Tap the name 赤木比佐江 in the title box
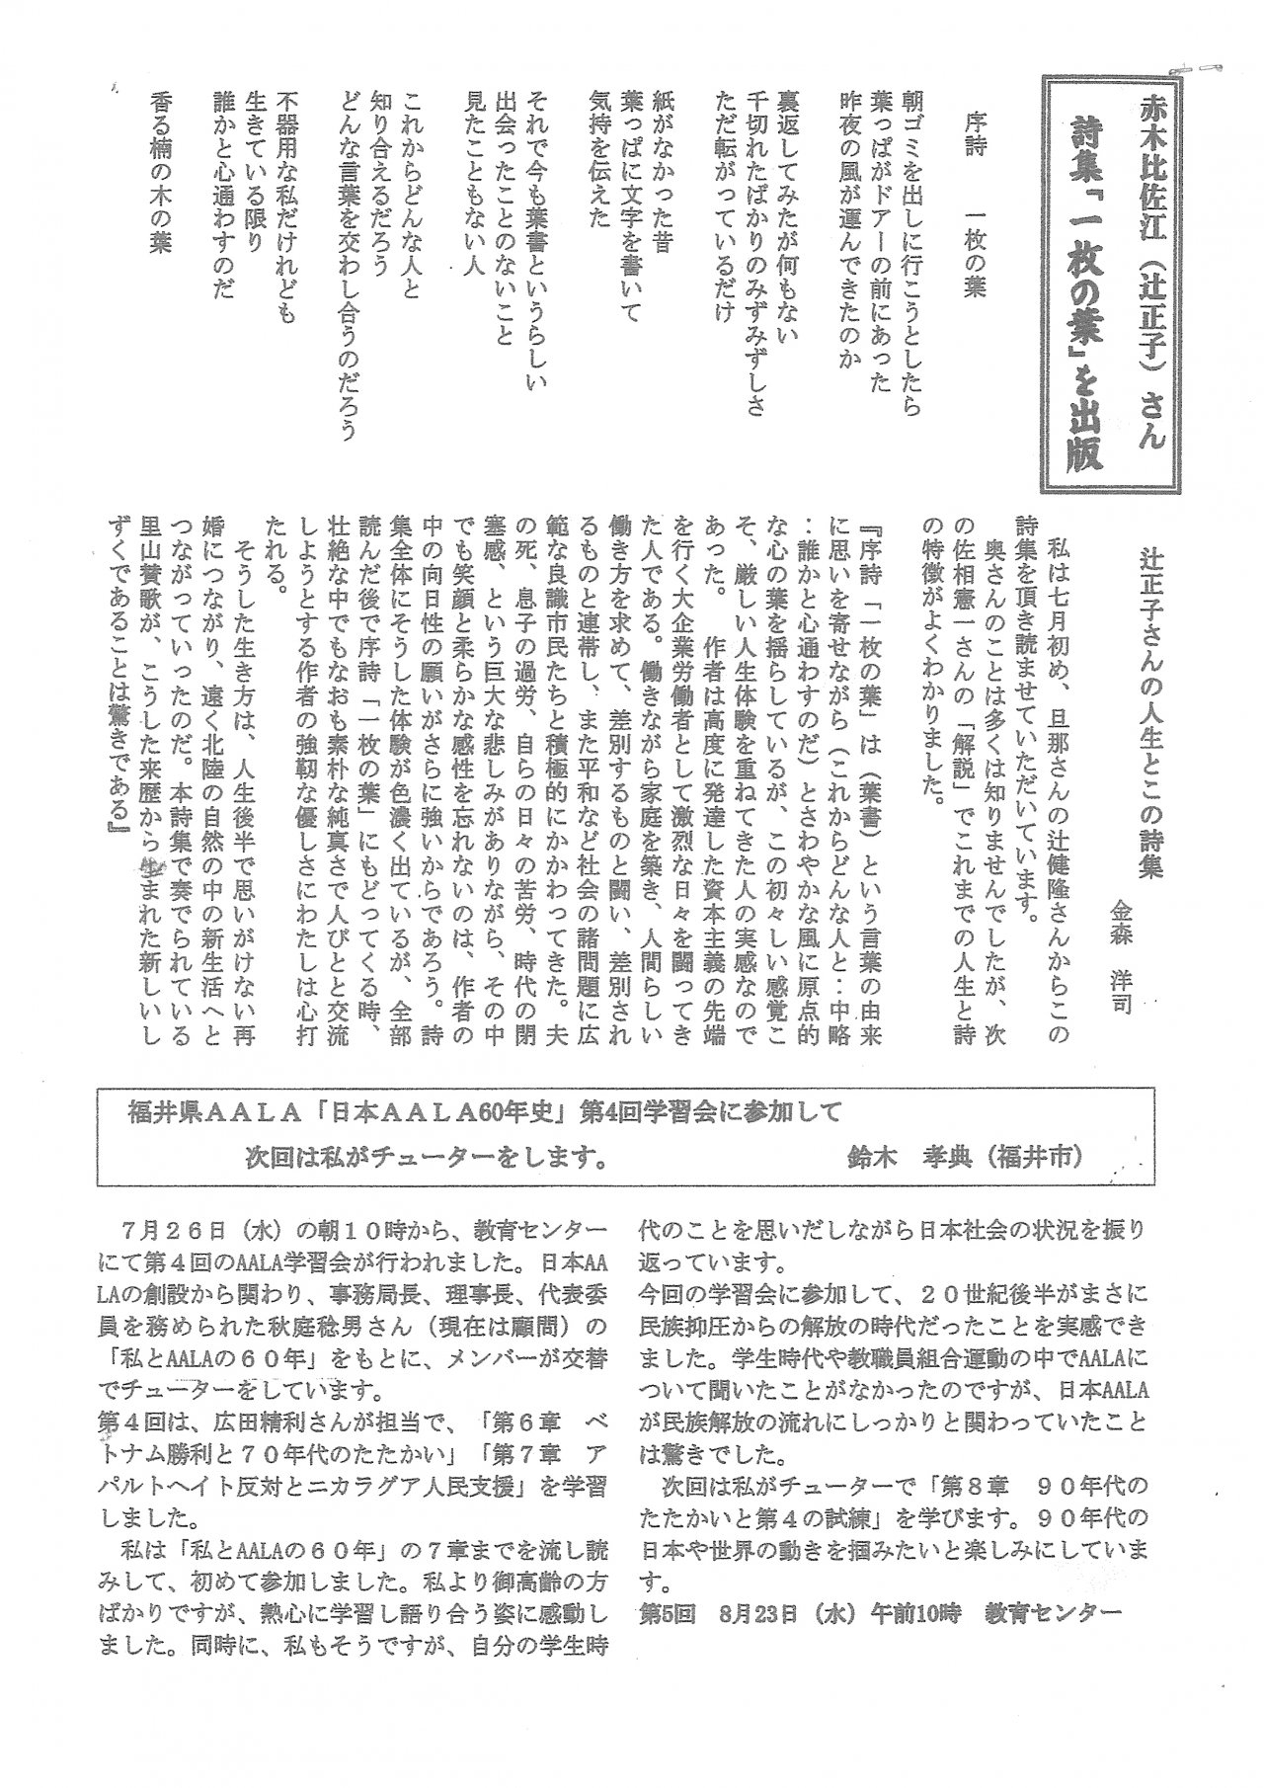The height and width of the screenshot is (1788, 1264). click(x=1152, y=158)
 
